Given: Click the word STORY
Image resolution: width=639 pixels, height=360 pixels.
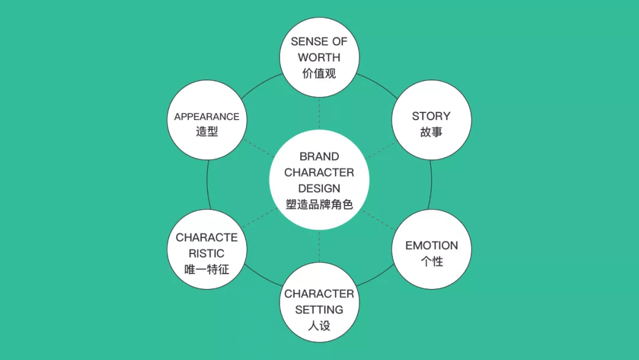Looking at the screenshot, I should pyautogui.click(x=431, y=116).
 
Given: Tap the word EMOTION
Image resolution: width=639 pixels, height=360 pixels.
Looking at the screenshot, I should pyautogui.click(x=431, y=246).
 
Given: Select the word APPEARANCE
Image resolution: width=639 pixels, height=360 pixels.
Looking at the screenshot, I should pyautogui.click(x=206, y=117).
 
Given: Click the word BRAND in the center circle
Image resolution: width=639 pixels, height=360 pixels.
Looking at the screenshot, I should pyautogui.click(x=319, y=157).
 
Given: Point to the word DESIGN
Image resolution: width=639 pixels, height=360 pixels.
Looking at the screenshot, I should pyautogui.click(x=319, y=189).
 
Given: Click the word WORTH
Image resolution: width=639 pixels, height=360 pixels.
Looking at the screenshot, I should pyautogui.click(x=319, y=58).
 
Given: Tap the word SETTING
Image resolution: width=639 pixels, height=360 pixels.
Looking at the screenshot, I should pyautogui.click(x=319, y=310).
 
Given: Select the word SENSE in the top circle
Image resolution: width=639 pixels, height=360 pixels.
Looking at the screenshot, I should pyautogui.click(x=304, y=42).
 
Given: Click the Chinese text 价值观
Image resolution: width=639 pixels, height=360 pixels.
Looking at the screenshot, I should pyautogui.click(x=319, y=74).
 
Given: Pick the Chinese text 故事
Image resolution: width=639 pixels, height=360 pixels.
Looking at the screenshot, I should pyautogui.click(x=431, y=132).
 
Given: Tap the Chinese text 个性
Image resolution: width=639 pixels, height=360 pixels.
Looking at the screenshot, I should pyautogui.click(x=431, y=261).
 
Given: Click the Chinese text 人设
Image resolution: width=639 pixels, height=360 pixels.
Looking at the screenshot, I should pyautogui.click(x=319, y=326).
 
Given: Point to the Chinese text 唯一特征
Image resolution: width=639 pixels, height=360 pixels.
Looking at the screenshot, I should pyautogui.click(x=206, y=269).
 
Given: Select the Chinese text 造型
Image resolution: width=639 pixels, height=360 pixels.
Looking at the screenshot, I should pyautogui.click(x=206, y=132).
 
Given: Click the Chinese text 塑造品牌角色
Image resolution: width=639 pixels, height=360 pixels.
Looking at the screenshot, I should pyautogui.click(x=319, y=205).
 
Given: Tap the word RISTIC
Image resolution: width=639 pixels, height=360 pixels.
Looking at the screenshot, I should pyautogui.click(x=206, y=253).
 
